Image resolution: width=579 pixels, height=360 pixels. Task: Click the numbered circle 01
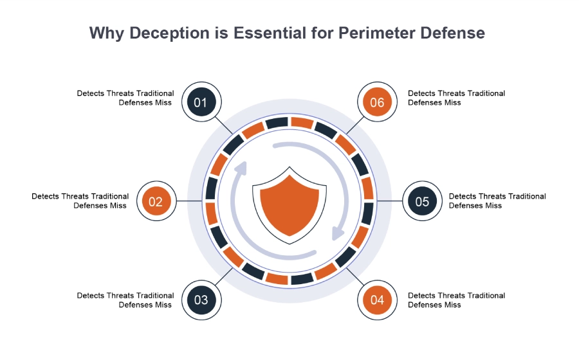201,102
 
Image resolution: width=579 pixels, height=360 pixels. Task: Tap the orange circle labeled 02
156,201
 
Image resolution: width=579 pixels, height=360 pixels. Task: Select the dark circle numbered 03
201,300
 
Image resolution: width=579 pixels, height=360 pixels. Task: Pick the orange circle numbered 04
378,300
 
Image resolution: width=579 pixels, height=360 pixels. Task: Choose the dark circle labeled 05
422,201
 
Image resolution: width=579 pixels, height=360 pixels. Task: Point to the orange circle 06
378,102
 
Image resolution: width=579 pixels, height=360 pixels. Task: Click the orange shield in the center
289,205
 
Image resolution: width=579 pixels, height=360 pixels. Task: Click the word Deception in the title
169,33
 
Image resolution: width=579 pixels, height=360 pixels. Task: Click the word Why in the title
107,33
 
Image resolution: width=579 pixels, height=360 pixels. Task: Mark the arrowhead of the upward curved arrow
241,168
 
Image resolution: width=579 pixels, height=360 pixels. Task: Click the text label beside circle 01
125,98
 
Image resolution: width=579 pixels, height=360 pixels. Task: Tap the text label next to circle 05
497,201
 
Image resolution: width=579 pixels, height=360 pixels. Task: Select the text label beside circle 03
125,300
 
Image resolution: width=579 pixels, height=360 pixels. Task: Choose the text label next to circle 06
456,98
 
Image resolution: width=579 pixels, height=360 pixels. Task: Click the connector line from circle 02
189,201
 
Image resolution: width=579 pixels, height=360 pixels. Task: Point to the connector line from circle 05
390,201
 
